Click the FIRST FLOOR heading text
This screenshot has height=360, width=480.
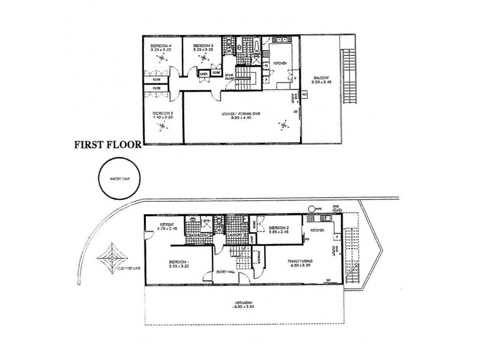(x=106, y=144)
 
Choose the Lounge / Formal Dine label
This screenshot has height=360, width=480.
(x=240, y=112)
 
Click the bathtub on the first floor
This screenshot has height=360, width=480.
(x=257, y=44)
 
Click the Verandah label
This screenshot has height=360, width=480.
(x=243, y=304)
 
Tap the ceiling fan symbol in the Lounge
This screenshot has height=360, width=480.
(x=282, y=125)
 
